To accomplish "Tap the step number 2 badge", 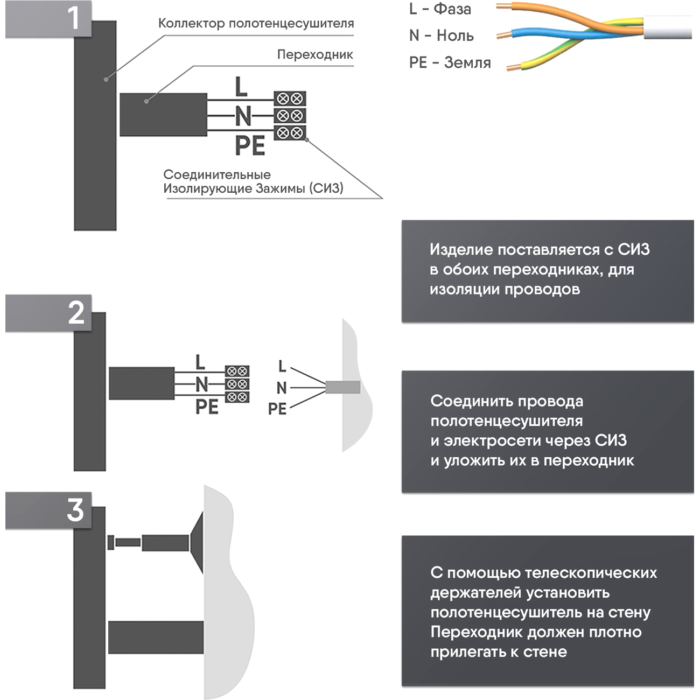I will click(76, 313).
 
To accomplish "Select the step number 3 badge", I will click(75, 509).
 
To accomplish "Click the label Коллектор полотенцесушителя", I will click(256, 24).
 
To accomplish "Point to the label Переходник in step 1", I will click(315, 54).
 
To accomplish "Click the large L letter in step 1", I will click(241, 87).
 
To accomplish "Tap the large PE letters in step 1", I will click(250, 146).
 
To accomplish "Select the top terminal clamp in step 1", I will click(290, 99).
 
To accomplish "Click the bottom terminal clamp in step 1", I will click(290, 132).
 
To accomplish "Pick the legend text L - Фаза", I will click(440, 9).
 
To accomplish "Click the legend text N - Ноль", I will click(441, 36).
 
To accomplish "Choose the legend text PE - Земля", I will click(450, 62).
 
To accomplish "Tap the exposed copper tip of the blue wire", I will click(501, 36).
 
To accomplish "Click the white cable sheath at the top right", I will click(668, 27).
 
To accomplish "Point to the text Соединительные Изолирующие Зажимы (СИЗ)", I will click(253, 181).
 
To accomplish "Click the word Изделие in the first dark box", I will click(461, 250).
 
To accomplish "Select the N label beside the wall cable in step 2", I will click(281, 388).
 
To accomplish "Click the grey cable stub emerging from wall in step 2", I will click(343, 387).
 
